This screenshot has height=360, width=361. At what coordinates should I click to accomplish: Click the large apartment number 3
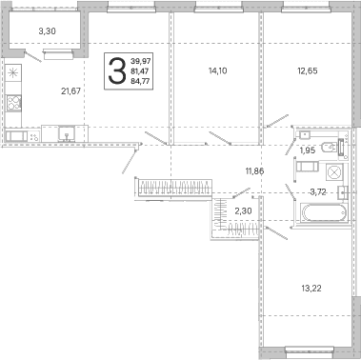117,71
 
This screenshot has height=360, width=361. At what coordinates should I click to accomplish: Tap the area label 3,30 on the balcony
48,31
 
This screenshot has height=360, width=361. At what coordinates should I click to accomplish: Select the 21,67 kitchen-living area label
70,91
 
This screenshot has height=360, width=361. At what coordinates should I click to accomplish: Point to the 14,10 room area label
218,70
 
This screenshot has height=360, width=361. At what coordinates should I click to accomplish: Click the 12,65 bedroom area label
308,70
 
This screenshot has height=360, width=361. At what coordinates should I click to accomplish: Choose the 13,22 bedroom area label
311,289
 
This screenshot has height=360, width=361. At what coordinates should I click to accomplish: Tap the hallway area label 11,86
254,171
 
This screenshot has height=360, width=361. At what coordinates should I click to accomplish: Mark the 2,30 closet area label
243,210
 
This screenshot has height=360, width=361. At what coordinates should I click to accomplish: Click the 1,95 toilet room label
308,150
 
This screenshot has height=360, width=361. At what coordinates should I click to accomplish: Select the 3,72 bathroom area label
318,191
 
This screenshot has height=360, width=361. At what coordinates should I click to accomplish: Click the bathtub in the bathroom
324,212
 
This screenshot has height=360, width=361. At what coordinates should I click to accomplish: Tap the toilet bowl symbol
329,147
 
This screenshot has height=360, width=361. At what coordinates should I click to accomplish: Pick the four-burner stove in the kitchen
13,103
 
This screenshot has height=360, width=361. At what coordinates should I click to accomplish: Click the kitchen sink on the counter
67,134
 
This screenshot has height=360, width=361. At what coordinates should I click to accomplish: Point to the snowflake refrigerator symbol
13,73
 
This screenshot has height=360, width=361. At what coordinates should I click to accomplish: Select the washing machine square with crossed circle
334,173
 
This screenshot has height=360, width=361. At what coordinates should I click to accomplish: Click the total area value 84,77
140,81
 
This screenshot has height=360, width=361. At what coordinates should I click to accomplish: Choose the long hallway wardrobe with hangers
175,188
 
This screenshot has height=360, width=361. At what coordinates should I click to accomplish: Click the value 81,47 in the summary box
140,71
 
